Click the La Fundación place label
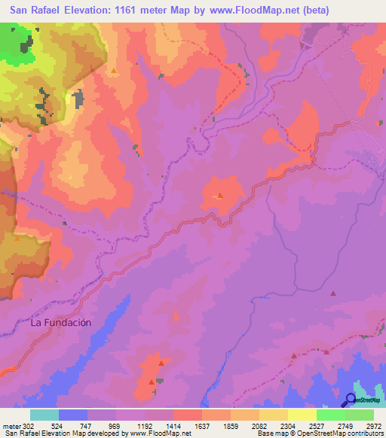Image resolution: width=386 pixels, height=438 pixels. pyautogui.click(x=61, y=322)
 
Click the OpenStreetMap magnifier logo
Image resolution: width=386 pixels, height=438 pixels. pyautogui.click(x=351, y=401)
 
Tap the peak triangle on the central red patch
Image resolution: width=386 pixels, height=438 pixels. pyautogui.click(x=219, y=196)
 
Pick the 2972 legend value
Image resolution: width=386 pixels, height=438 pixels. pyautogui.click(x=375, y=425)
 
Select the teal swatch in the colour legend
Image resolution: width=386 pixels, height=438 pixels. pyautogui.click(x=44, y=415)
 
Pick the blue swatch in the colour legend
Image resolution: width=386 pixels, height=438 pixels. pyautogui.click(x=73, y=415)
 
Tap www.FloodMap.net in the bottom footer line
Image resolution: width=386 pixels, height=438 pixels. pyautogui.click(x=161, y=433)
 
